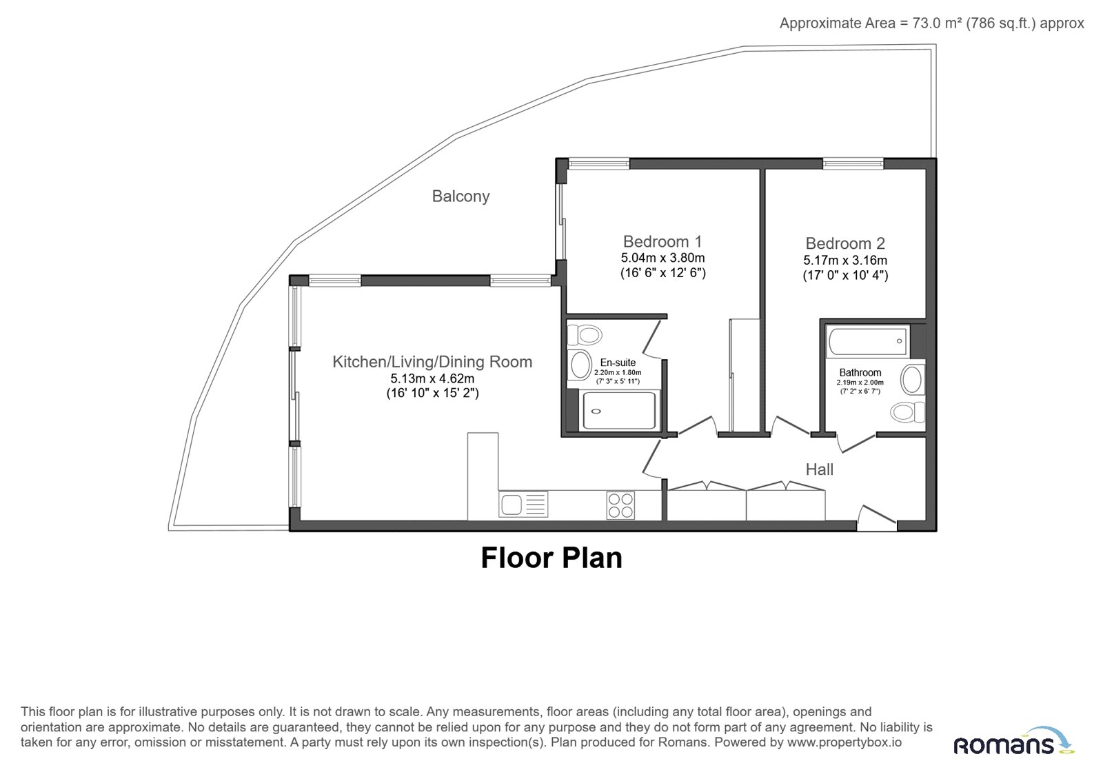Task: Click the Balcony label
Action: click(461, 196)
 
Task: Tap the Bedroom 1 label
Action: click(662, 241)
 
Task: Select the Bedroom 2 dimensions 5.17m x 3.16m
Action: click(845, 260)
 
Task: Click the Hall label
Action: click(820, 469)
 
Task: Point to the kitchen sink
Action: click(523, 504)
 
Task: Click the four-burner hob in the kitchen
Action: click(620, 506)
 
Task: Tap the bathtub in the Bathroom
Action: click(868, 341)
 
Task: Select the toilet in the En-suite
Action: click(585, 335)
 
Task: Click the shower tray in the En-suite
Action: click(619, 411)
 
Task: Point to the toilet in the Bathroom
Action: click(907, 412)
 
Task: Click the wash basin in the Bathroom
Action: click(913, 380)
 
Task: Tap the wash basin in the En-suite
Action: click(580, 365)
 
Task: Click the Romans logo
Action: click(1013, 742)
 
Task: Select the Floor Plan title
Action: click(551, 558)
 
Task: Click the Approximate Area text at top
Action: click(931, 23)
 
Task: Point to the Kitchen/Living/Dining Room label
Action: click(432, 362)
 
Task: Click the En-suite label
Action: click(618, 363)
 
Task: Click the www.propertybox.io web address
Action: click(844, 742)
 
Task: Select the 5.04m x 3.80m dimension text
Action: click(662, 258)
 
